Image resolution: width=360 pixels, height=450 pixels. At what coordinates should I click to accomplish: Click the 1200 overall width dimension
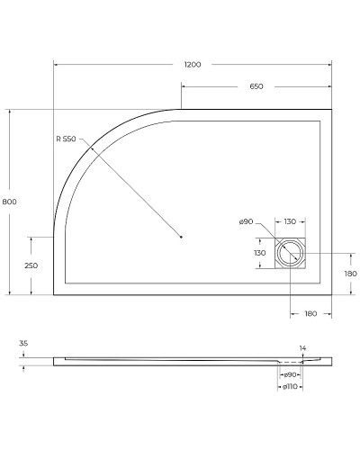(192, 65)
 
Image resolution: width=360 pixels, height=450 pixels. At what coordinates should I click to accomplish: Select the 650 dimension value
(256, 86)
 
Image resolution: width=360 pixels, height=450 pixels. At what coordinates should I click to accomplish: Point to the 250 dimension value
(31, 265)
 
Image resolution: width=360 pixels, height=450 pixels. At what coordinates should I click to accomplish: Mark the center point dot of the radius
(182, 237)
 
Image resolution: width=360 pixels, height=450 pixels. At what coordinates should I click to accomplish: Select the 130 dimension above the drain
(291, 221)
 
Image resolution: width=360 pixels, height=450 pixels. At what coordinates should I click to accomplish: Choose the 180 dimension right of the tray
(351, 273)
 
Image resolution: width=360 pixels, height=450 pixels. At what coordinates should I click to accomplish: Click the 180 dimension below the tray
(310, 313)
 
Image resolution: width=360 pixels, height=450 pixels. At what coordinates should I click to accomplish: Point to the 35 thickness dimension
(23, 344)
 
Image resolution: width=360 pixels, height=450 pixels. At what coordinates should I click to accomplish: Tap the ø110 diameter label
(289, 387)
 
